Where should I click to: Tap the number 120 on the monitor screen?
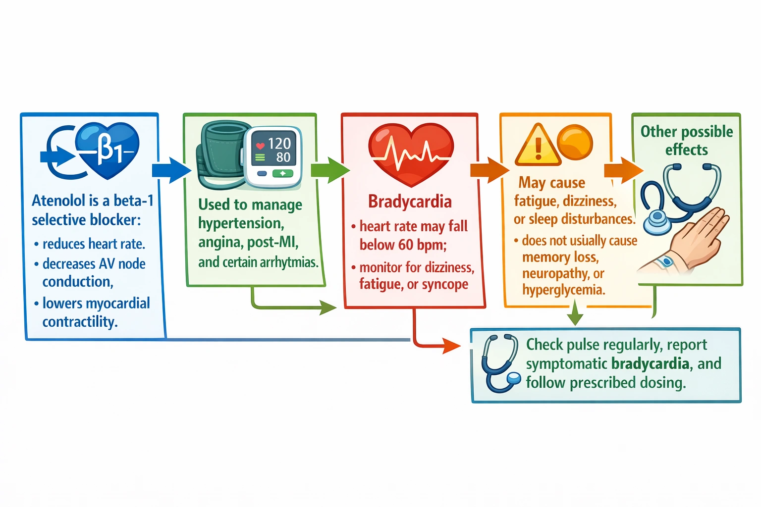tap(279, 144)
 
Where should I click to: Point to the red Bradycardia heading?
tap(410, 202)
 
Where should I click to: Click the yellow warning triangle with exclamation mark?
tap(538, 146)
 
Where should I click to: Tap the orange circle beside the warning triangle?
tap(575, 142)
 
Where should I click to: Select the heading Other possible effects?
tap(686, 140)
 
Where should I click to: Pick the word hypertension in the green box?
tap(241, 224)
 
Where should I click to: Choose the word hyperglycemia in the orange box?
tap(563, 290)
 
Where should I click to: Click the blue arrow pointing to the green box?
tap(171, 170)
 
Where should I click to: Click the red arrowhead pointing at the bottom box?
tap(451, 346)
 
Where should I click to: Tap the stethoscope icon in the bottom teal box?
tap(501, 364)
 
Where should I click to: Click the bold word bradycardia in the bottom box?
tap(650, 364)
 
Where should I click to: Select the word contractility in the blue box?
tap(80, 322)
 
